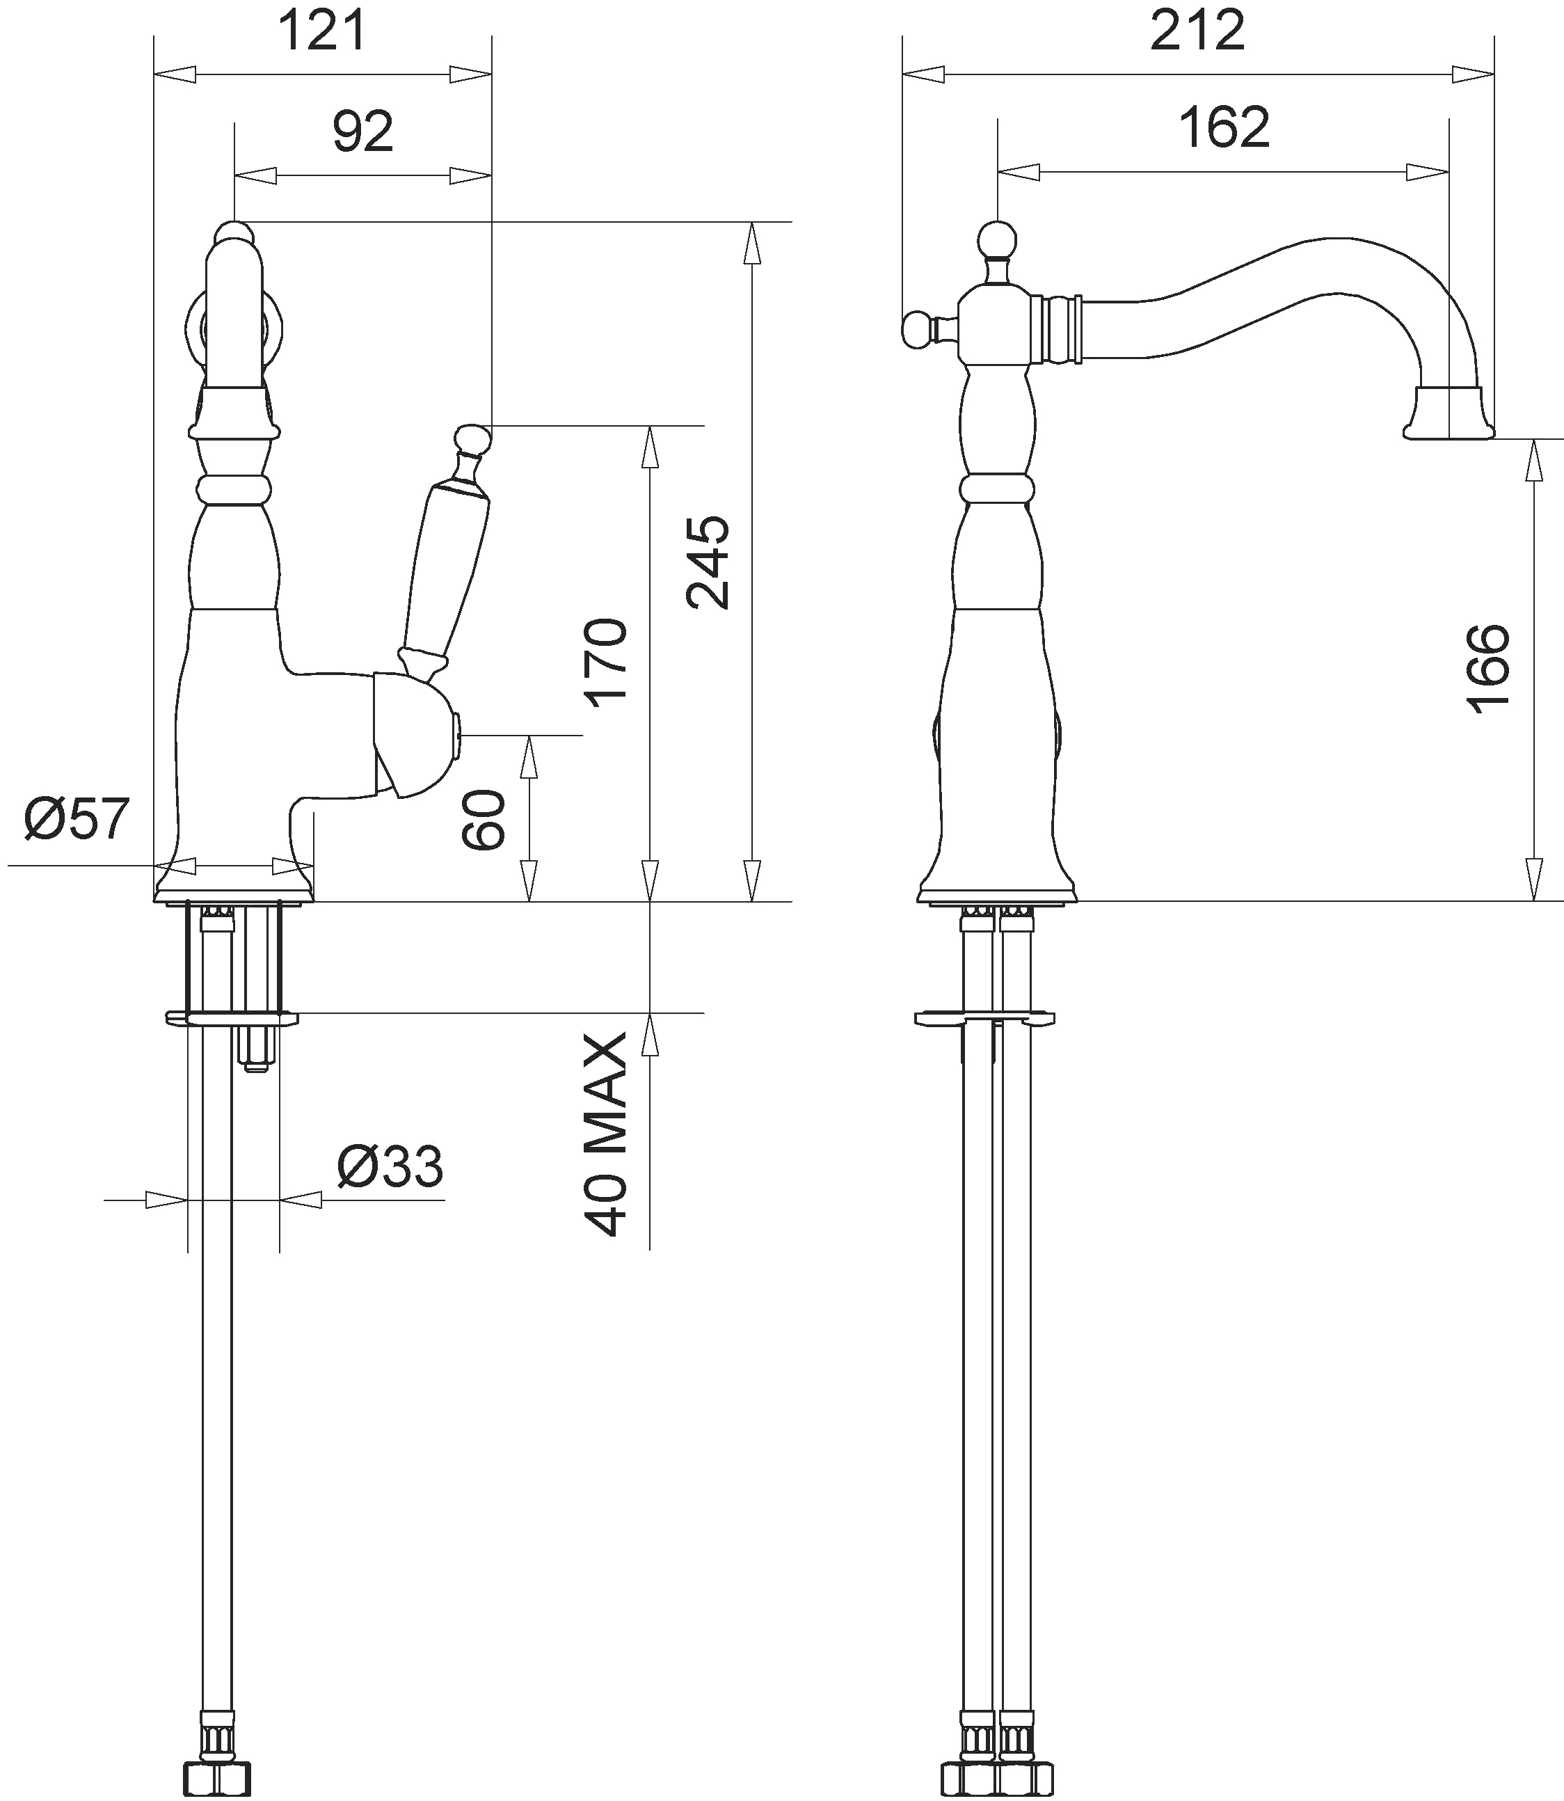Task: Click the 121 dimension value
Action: coord(323,32)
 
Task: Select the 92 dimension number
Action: coord(363,132)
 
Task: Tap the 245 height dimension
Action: coord(707,562)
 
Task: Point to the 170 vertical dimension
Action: coord(607,663)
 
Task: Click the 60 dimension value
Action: coord(484,819)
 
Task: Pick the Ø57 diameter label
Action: coord(77,819)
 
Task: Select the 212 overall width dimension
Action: coord(1197,32)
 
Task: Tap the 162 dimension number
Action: coord(1224,127)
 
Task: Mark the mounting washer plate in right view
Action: coord(984,1019)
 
